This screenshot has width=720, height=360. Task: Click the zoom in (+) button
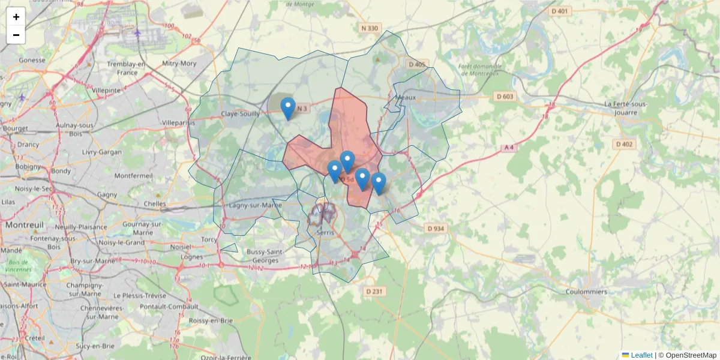16,17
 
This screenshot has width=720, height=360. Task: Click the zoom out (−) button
16,35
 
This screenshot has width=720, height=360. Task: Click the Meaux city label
406,97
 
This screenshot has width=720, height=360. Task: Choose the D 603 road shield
505,97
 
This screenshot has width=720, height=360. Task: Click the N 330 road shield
370,28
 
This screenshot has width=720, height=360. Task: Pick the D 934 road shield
436,228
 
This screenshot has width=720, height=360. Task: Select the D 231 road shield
374,291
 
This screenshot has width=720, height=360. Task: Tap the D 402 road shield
624,144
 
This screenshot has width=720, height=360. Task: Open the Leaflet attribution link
641,355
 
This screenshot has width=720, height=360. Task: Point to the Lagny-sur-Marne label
256,205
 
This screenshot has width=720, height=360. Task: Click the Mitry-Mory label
179,63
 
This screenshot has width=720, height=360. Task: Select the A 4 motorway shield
509,148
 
